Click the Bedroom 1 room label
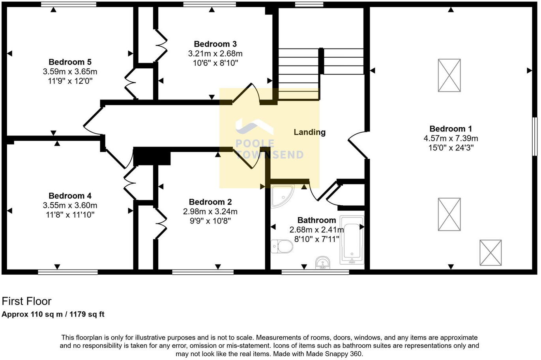point(450,129)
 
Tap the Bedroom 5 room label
point(70,62)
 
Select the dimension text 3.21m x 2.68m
point(215,53)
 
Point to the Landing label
point(309,132)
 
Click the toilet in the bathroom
point(282,247)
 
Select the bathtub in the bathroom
point(352,240)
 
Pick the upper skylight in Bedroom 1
point(449,75)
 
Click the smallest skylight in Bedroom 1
point(490,253)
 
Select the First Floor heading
point(26,302)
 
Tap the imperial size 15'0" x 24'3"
point(451,148)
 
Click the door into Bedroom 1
point(357,145)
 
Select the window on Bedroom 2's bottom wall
point(203,272)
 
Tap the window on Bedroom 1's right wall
point(535,137)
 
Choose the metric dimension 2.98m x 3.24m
point(210,212)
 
